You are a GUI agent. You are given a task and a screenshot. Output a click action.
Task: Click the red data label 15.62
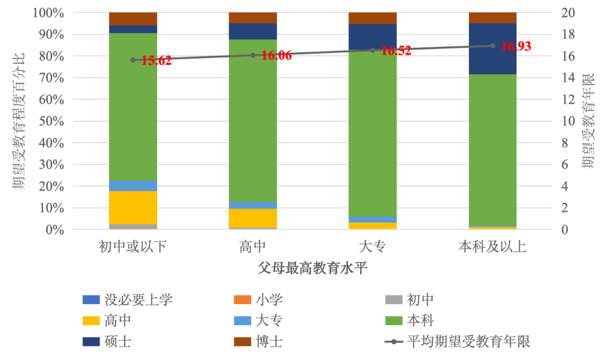[157, 60]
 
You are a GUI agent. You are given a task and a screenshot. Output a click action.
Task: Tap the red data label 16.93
[516, 46]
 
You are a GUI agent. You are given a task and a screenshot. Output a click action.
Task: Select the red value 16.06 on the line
[276, 55]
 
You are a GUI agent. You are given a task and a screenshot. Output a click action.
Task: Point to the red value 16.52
[396, 51]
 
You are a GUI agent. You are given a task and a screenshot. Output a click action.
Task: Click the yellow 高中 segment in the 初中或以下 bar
[133, 207]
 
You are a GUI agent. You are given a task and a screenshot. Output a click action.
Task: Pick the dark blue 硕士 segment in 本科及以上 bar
[493, 49]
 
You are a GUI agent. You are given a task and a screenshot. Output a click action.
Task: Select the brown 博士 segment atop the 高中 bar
[253, 18]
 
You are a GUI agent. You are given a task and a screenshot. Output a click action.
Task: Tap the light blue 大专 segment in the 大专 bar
[373, 220]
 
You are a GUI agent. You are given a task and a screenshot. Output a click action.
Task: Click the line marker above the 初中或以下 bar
[133, 60]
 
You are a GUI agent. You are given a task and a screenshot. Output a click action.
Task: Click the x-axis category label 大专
[373, 247]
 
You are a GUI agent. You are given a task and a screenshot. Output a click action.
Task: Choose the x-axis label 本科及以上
[493, 247]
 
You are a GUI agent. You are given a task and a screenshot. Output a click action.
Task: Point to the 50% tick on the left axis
[51, 121]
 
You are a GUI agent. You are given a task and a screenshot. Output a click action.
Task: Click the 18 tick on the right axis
[568, 34]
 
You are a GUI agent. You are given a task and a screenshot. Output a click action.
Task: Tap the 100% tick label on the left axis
[48, 13]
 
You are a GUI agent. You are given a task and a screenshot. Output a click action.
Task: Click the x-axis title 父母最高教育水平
[312, 268]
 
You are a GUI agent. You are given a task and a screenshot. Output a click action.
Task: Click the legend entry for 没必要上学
[128, 300]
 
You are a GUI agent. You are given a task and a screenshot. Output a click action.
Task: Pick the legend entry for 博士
[258, 342]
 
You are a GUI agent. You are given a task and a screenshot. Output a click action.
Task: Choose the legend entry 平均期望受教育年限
[458, 342]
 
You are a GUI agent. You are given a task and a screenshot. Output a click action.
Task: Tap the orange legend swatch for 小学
[242, 300]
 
